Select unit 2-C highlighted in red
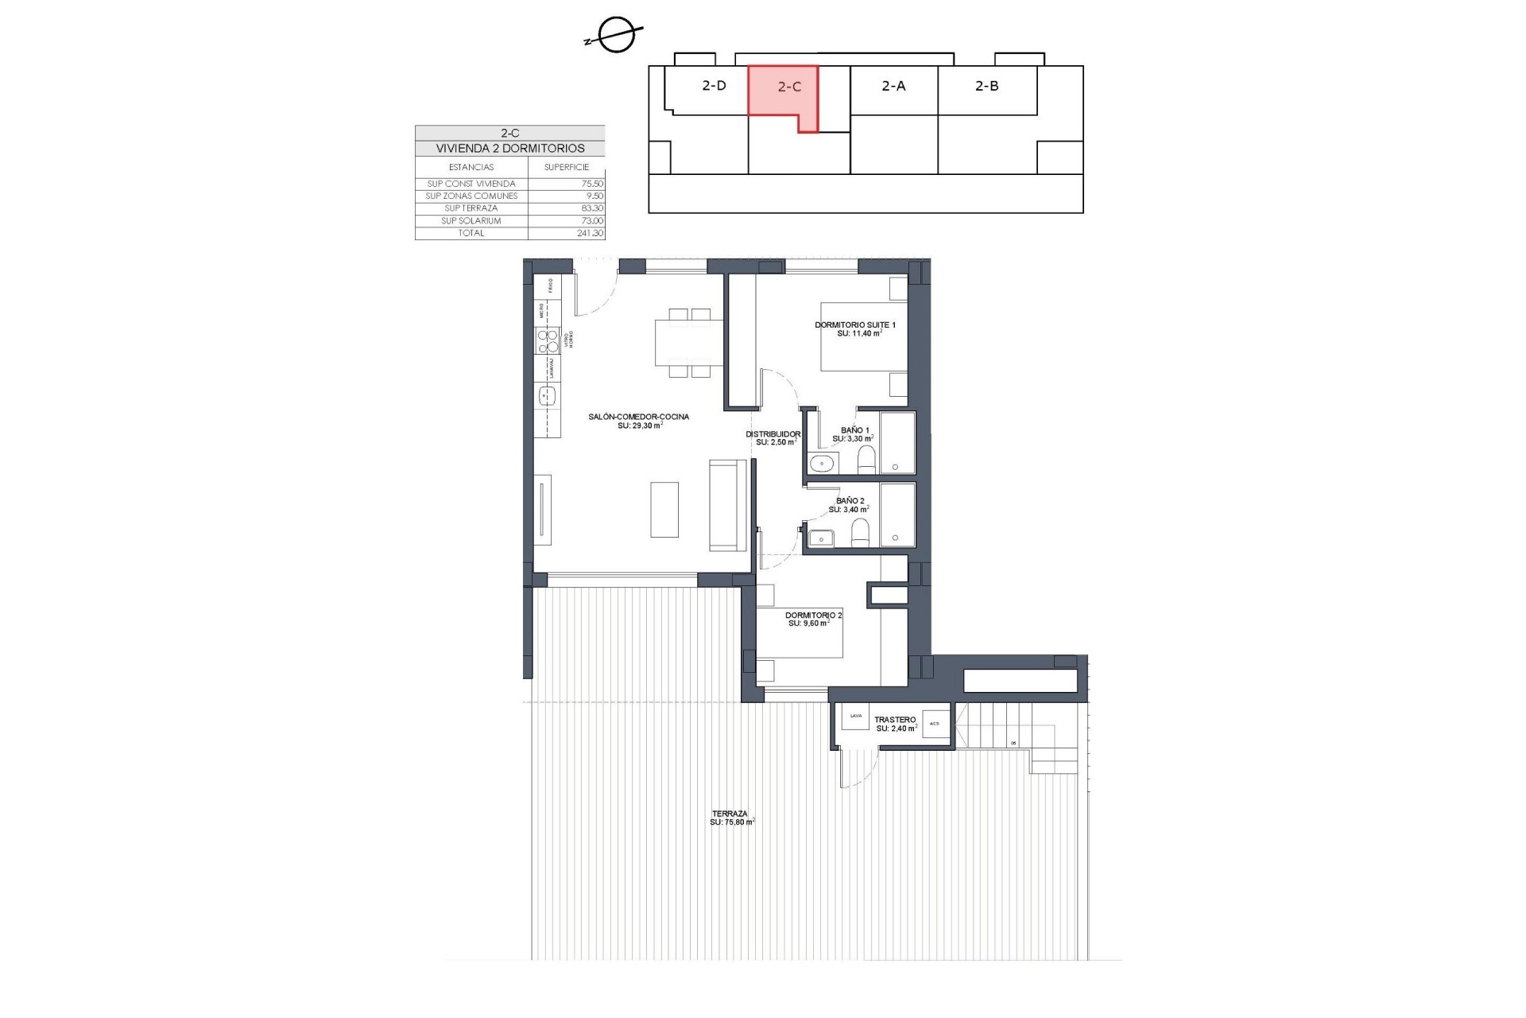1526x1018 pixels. (782, 91)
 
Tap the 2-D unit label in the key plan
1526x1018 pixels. (714, 85)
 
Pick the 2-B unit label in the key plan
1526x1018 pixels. (986, 85)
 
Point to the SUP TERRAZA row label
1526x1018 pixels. (471, 208)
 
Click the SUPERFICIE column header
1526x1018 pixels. (566, 167)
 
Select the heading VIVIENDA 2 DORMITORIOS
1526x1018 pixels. (509, 149)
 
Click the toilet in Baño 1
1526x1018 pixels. (866, 460)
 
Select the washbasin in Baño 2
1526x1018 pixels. (820, 539)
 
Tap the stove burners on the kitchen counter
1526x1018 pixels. (547, 341)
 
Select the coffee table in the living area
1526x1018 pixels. (664, 509)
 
